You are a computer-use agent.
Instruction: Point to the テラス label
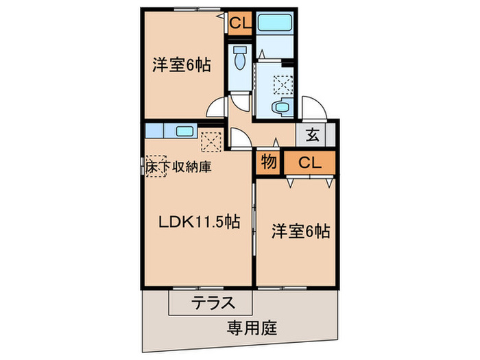point(213,302)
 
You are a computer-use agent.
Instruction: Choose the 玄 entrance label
point(312,134)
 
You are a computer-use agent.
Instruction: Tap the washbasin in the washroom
point(281,108)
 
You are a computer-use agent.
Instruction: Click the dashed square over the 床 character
point(156,165)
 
